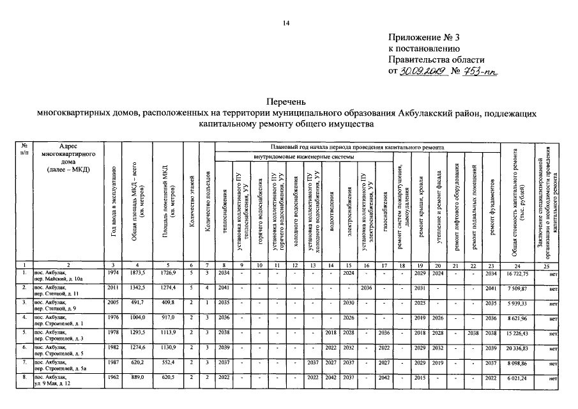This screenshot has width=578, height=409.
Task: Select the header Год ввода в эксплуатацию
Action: tap(113, 211)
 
